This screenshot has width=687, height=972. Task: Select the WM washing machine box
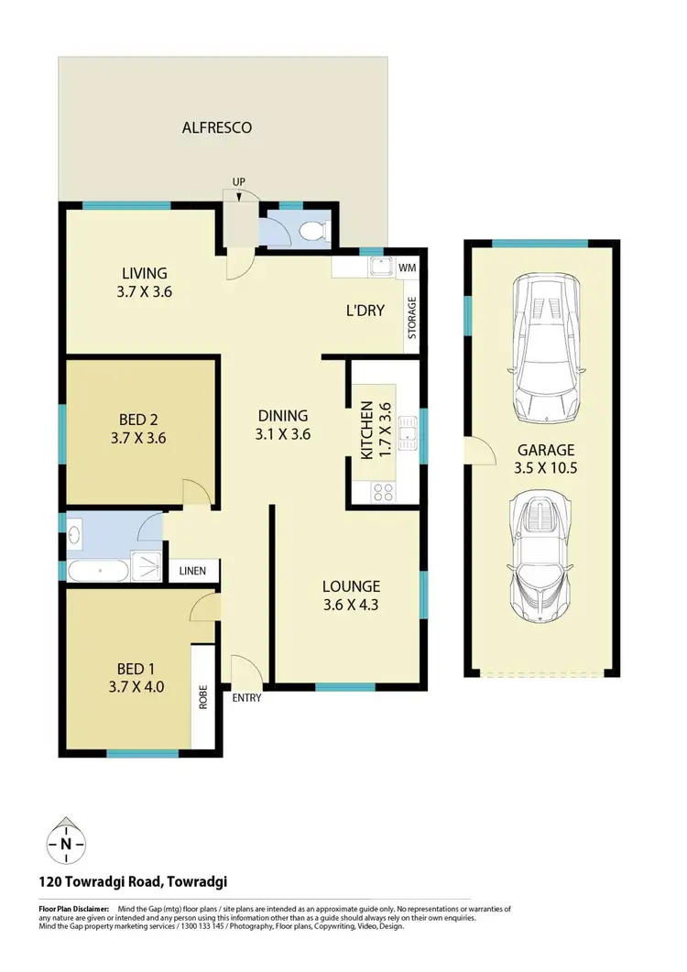(407, 267)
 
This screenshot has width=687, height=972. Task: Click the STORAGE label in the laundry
(412, 317)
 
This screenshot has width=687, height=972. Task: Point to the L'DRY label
(364, 311)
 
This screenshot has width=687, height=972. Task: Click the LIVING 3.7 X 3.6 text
(145, 282)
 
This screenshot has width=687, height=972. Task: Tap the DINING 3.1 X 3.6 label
(282, 424)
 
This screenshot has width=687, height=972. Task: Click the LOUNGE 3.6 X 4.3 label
(350, 595)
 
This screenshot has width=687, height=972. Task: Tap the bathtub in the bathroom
(98, 572)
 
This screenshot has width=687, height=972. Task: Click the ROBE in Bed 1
(202, 697)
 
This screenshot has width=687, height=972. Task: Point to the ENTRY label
(247, 698)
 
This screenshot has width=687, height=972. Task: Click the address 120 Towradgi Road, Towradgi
(133, 882)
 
